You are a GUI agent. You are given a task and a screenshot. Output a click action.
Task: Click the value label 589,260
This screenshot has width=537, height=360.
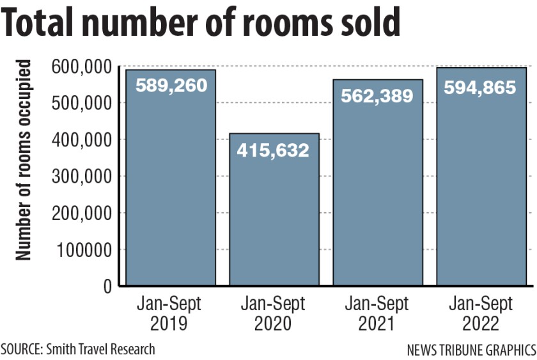pyautogui.click(x=170, y=85)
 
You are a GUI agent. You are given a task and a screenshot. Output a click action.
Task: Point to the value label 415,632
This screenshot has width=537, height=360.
pyautogui.click(x=274, y=150)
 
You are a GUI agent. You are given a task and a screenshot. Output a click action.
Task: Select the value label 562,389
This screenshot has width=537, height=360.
pyautogui.click(x=377, y=96)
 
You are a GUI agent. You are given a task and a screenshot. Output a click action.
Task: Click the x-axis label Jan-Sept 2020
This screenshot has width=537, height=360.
pyautogui.click(x=274, y=313)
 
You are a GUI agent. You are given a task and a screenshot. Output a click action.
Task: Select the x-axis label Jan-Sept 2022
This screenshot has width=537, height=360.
pyautogui.click(x=481, y=313)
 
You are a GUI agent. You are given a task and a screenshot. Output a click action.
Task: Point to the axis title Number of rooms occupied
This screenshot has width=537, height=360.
pyautogui.click(x=24, y=160)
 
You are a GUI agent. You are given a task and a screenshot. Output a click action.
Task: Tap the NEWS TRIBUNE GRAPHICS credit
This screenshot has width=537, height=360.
pyautogui.click(x=471, y=350)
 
